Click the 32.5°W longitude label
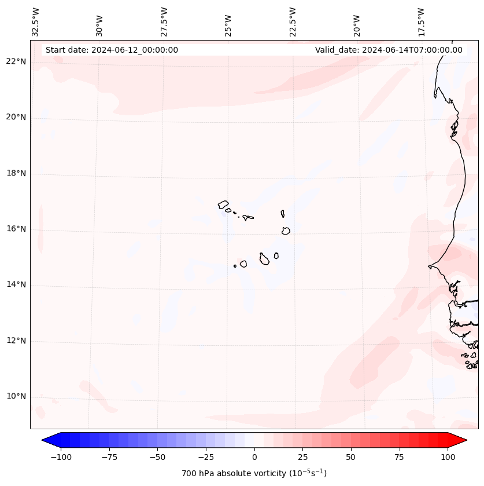tap(36, 22)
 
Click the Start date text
tap(112, 50)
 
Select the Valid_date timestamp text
tap(389, 50)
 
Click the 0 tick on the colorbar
tap(254, 457)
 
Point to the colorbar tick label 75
tap(399, 457)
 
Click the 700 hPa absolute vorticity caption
tap(254, 473)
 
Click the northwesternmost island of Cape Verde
tap(223, 204)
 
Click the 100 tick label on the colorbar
tap(448, 457)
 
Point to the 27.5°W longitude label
tap(164, 22)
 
